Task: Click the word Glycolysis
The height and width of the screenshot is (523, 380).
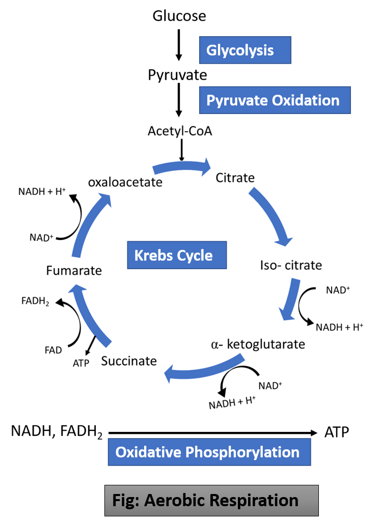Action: [240, 51]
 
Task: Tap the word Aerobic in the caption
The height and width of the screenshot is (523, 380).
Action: [175, 500]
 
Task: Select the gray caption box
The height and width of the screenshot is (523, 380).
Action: [211, 500]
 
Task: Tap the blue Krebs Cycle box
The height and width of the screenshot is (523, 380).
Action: [176, 255]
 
